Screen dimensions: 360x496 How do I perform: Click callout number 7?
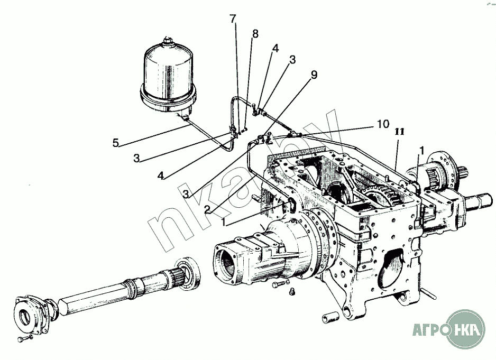pyautogui.click(x=233, y=19)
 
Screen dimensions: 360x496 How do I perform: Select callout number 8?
pyautogui.click(x=255, y=34)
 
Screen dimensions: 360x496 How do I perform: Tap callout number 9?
pyautogui.click(x=314, y=75)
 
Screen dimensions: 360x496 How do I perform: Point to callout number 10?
pyautogui.click(x=382, y=124)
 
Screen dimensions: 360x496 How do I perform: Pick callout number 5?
pyautogui.click(x=115, y=142)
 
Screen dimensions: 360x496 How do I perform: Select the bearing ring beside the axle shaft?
pyautogui.click(x=188, y=273)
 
